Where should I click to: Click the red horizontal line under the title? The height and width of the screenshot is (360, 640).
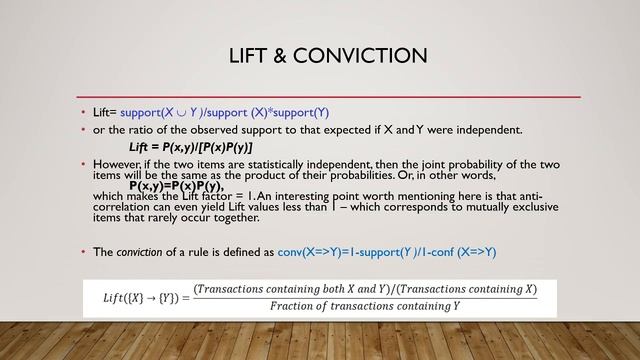[330, 96]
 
